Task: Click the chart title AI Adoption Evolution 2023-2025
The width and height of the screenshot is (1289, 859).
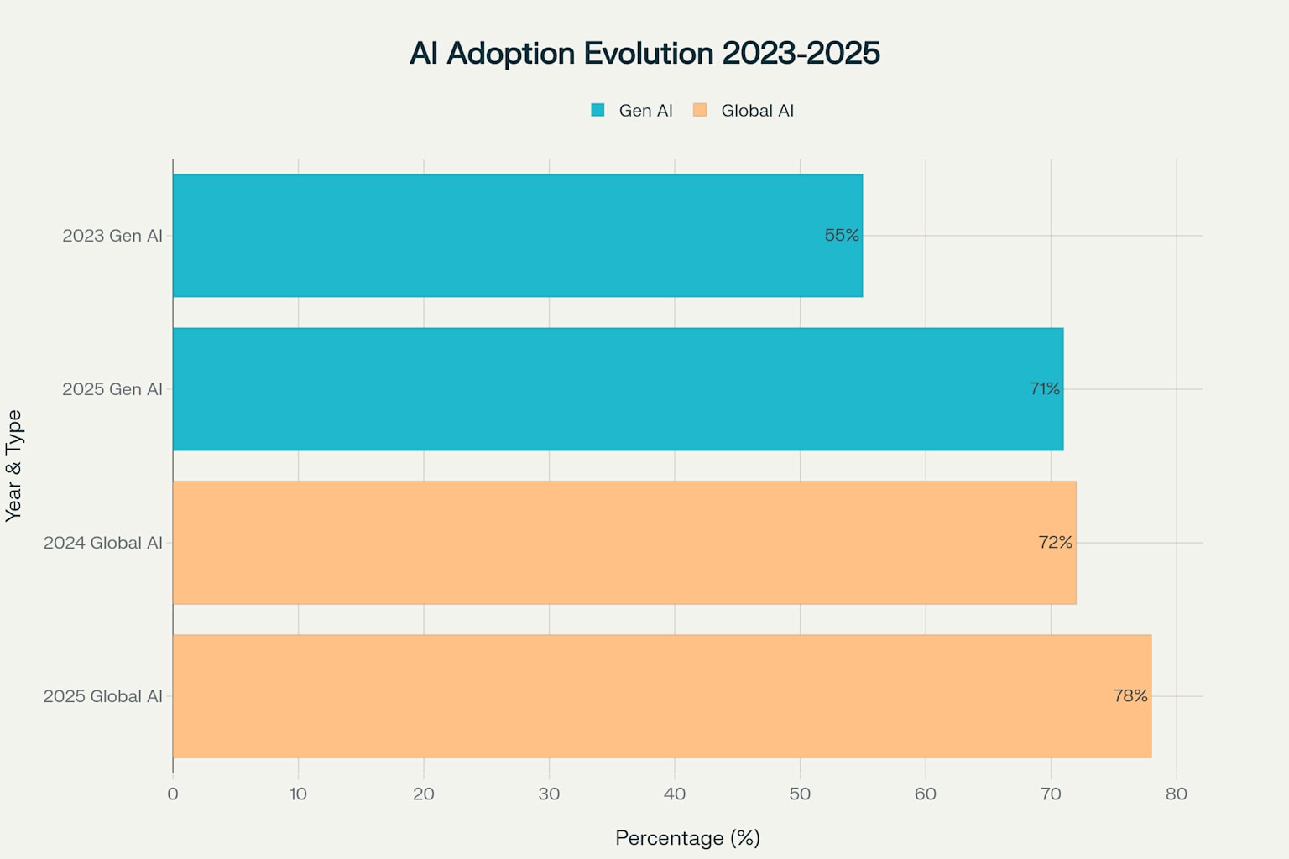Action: point(644,53)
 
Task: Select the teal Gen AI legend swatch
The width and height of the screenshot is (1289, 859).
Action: point(598,110)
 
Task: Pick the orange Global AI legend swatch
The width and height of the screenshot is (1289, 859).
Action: point(700,110)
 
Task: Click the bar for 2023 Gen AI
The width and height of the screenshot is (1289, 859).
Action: point(518,236)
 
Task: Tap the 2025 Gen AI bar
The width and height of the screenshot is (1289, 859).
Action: point(618,389)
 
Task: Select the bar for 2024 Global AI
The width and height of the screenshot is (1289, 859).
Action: point(624,543)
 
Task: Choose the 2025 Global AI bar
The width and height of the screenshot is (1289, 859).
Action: point(662,696)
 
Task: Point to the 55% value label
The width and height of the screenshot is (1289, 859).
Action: point(842,235)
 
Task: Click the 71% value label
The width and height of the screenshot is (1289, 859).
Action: point(1045,389)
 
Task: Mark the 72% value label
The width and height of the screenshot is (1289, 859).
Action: point(1056,542)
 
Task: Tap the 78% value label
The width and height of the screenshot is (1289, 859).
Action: point(1130,695)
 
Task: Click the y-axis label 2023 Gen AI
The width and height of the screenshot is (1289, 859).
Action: point(112,236)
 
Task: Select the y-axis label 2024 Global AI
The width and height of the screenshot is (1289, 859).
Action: point(103,543)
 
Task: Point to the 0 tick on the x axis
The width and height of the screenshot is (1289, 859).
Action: point(173,794)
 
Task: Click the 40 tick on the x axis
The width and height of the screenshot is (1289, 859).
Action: point(675,794)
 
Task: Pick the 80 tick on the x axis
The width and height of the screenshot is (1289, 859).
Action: point(1177,794)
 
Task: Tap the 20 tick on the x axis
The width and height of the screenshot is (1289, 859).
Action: point(424,794)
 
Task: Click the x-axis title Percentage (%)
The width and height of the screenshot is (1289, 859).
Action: point(687,838)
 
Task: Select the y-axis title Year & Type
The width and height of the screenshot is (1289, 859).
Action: point(13,466)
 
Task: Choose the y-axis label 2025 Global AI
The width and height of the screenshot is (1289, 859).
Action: point(103,696)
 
